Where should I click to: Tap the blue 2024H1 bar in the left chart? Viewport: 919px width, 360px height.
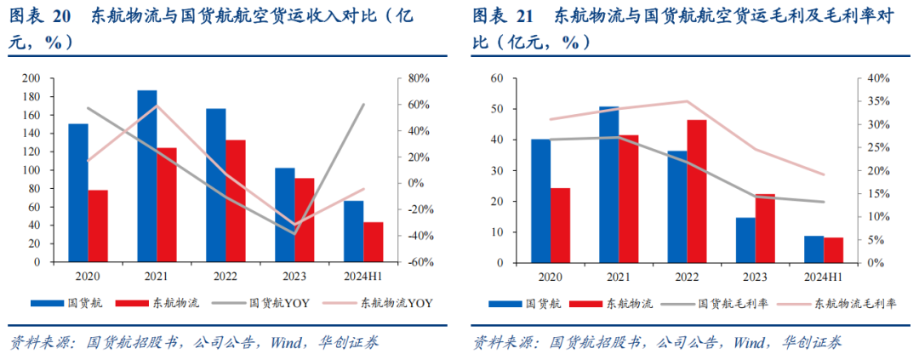tap(353, 231)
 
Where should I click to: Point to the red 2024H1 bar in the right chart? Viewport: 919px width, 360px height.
tap(834, 249)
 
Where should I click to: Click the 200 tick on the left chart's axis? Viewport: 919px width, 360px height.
tap(30, 78)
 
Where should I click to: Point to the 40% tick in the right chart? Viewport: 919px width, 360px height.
tap(876, 78)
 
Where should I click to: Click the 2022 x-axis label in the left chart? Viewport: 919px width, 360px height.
tap(225, 277)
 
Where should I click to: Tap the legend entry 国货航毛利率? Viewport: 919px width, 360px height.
tap(733, 302)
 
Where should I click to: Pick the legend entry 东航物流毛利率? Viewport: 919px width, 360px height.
tap(854, 302)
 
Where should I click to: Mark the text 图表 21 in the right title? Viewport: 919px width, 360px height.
tap(503, 15)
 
